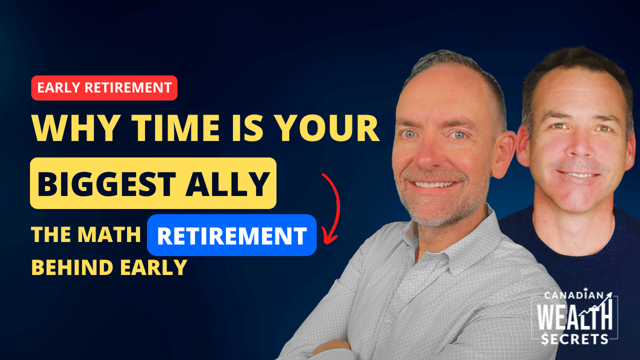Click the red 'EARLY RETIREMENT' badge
pos(104,87)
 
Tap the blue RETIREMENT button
pos(231,235)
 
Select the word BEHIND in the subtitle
pos(72,267)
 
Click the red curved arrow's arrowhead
pos(329,235)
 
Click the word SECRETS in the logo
pos(575,339)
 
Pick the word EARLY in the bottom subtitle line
pos(153,267)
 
